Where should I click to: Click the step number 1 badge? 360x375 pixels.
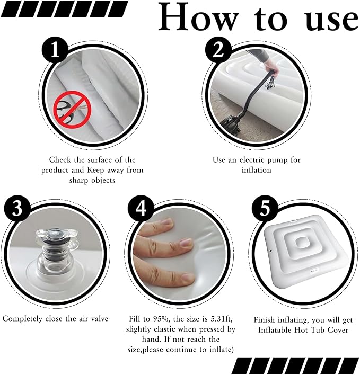(x=55, y=50)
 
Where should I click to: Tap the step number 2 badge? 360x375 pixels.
(x=218, y=50)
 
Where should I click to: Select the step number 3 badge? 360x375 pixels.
(x=17, y=208)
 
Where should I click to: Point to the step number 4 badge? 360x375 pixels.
(x=141, y=208)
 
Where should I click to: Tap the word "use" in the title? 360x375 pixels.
(x=331, y=20)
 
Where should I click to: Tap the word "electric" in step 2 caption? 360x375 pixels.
(x=252, y=160)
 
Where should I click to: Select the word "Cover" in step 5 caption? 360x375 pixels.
(x=338, y=330)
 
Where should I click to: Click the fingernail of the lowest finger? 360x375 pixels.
(x=188, y=278)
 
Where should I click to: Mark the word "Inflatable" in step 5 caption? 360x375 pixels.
(x=274, y=330)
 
